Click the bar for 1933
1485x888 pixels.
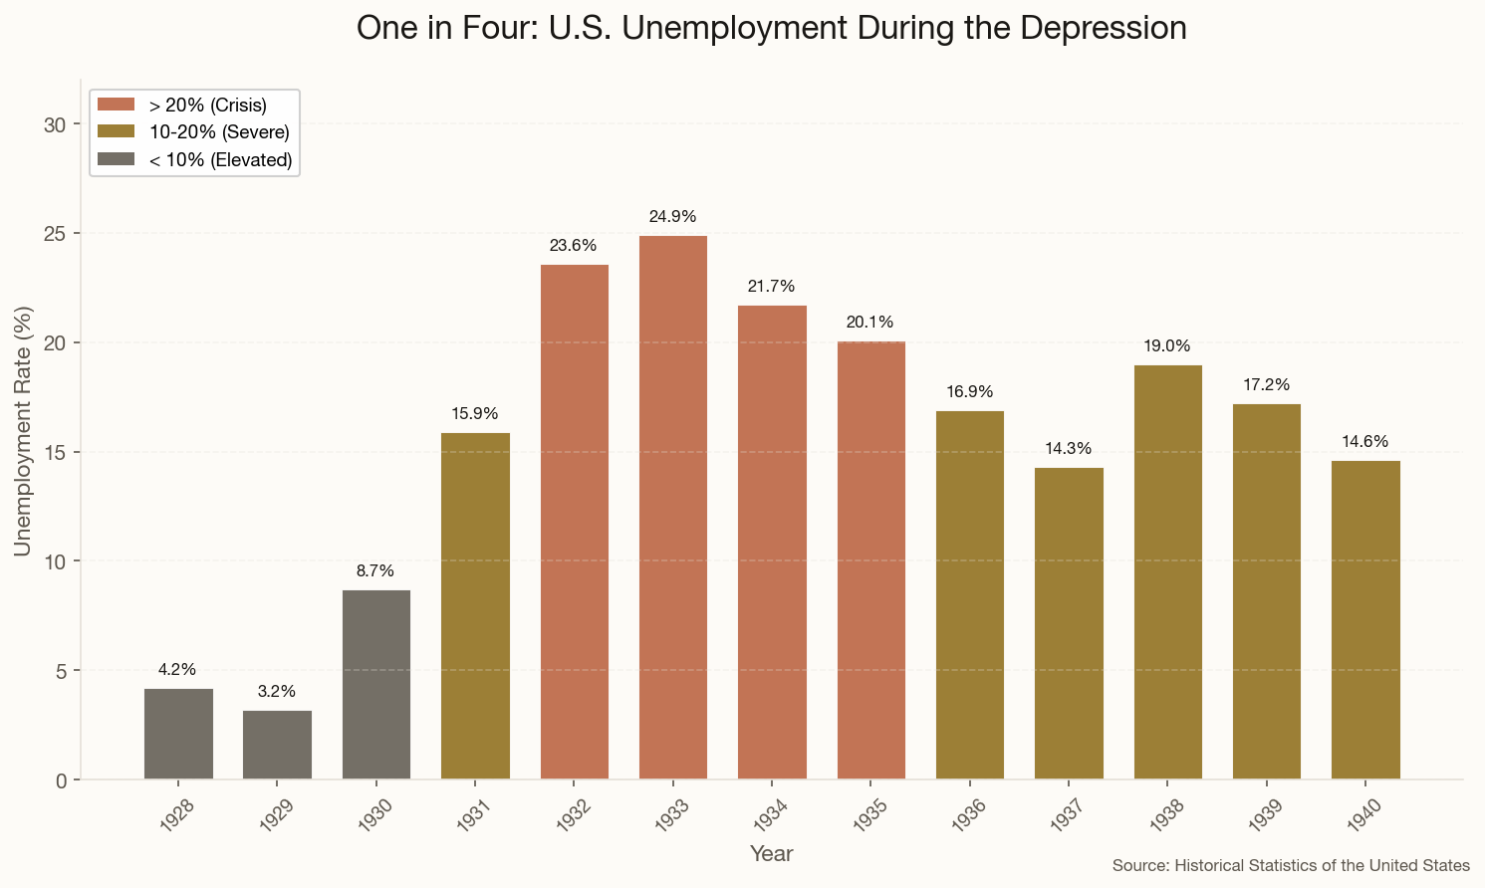pos(673,508)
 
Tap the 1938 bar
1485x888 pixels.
pos(1167,572)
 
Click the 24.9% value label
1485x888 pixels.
pos(673,217)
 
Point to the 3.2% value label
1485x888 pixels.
pos(277,692)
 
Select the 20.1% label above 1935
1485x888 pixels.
pos(870,323)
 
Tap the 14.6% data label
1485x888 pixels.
pos(1364,442)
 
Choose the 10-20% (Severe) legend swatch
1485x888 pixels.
pos(117,132)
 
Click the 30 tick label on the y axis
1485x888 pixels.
pos(56,124)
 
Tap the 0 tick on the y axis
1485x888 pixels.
pos(62,780)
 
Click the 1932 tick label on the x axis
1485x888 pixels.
pos(574,814)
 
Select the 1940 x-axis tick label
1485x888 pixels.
pos(1364,814)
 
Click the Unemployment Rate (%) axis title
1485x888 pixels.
pos(24,431)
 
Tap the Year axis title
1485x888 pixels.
pos(772,854)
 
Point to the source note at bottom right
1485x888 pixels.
pos(1291,866)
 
